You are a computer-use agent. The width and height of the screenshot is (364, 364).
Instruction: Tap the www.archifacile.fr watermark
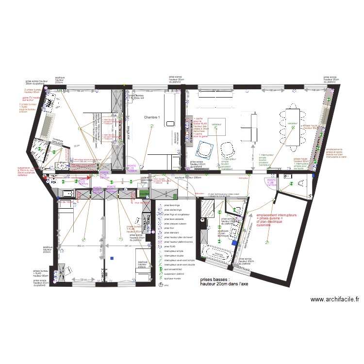pyautogui.click(x=335, y=300)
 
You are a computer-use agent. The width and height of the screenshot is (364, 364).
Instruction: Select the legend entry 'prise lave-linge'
pyautogui.click(x=172, y=206)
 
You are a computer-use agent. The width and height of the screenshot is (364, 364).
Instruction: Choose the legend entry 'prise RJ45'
pyautogui.click(x=171, y=246)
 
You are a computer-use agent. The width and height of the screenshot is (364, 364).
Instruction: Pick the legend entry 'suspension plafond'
pyautogui.click(x=176, y=274)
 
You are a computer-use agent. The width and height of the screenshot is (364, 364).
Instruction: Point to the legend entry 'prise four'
pyautogui.click(x=169, y=228)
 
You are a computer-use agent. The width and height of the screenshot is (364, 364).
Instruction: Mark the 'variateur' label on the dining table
pyautogui.click(x=292, y=124)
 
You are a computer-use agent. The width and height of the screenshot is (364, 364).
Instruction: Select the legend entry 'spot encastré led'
pyautogui.click(x=175, y=269)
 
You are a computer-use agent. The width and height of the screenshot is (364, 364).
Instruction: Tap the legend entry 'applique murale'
pyautogui.click(x=173, y=278)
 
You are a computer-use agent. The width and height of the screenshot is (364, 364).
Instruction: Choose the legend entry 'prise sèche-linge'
pyautogui.click(x=173, y=210)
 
